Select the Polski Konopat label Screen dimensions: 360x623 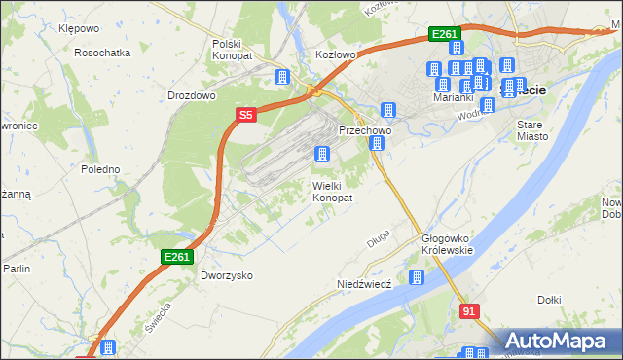click(x=233, y=51)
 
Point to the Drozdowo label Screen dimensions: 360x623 click(x=191, y=96)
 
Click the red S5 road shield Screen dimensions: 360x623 click(x=245, y=115)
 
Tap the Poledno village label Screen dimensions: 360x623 click(x=100, y=169)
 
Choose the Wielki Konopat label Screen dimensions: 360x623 click(x=332, y=191)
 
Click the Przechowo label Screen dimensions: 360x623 click(x=364, y=129)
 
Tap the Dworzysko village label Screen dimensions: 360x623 click(x=227, y=275)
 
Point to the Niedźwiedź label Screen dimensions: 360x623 click(x=363, y=284)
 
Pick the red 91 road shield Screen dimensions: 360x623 click(x=470, y=310)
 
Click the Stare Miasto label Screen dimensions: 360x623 click(x=532, y=130)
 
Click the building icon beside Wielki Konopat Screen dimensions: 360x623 click(x=321, y=154)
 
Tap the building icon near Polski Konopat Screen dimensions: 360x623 click(x=282, y=77)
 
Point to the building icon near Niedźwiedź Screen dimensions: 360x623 click(x=417, y=278)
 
